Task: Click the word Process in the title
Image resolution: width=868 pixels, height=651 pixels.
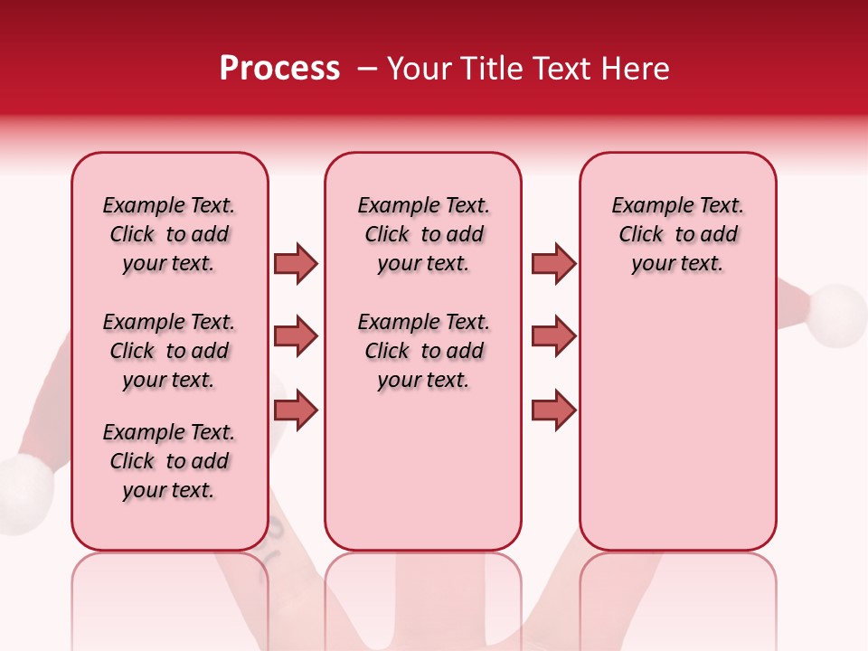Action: [x=279, y=69]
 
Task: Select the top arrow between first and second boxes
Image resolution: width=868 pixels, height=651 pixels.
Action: [x=296, y=263]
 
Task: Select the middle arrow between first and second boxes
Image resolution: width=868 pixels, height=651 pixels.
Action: [x=296, y=336]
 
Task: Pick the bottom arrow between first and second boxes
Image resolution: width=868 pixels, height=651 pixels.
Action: [x=296, y=410]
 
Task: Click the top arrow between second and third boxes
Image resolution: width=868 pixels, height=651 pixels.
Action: [x=553, y=263]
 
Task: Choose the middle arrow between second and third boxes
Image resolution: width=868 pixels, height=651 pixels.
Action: [x=553, y=336]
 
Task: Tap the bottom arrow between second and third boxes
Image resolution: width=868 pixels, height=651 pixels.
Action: [x=553, y=410]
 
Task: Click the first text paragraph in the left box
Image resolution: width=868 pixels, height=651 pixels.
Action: [x=169, y=234]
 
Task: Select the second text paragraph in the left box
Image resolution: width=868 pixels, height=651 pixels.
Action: [x=169, y=351]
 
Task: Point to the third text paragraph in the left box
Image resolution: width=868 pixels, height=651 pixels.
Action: [x=169, y=461]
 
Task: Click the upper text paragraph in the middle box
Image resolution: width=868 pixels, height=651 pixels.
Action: [x=423, y=234]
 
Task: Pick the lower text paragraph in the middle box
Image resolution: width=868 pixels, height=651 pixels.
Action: [x=423, y=351]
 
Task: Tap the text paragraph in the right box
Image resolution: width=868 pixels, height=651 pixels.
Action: [x=677, y=234]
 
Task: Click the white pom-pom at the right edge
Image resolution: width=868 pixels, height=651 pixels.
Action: [x=837, y=316]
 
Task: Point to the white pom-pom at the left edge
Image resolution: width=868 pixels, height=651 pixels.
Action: [x=24, y=494]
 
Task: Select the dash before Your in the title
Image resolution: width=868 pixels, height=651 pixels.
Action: [x=368, y=69]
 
